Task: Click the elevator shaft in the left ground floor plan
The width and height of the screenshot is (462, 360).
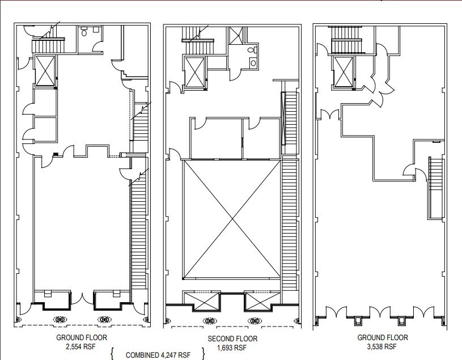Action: coord(45,70)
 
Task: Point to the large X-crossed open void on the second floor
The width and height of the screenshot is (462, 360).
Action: coord(231,220)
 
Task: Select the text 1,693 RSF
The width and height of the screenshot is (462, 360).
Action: coord(232,348)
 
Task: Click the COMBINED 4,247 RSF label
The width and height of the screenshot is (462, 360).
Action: coord(158,355)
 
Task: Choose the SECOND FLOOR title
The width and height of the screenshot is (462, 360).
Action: coord(232,339)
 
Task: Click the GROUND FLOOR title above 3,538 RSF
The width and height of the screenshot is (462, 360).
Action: coord(382,337)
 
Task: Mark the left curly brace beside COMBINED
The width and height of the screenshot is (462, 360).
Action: coord(112,354)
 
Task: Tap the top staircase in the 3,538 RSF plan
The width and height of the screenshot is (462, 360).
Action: coord(343,40)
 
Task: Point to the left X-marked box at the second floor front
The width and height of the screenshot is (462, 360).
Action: coord(201,299)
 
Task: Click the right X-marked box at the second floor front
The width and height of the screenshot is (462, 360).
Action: coord(261,299)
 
